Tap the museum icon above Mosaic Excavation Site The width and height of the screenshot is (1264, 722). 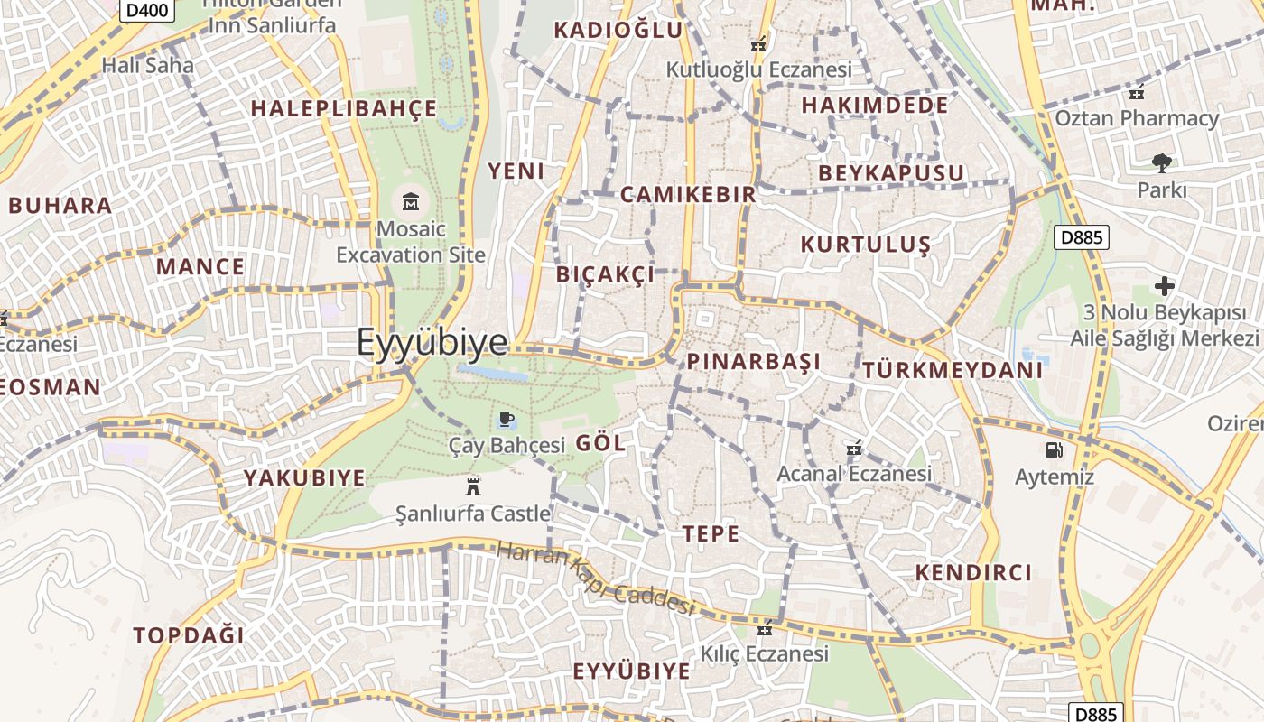(x=411, y=201)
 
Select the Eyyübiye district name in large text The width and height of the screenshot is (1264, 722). (x=432, y=343)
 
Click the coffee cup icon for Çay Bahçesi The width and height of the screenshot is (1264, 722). (x=506, y=420)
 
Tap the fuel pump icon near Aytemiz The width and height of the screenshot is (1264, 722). (x=1054, y=449)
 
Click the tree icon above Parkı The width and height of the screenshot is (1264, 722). (x=1161, y=163)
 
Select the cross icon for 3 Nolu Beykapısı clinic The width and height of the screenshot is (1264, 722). (x=1165, y=287)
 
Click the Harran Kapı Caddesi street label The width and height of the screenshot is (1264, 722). (x=596, y=578)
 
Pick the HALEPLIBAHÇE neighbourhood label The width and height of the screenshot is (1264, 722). (x=344, y=109)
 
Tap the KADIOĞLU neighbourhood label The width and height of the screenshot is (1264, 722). (x=618, y=30)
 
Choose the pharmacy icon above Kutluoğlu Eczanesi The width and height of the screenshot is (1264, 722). (x=758, y=43)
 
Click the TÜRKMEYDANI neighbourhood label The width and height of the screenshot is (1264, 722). (x=953, y=370)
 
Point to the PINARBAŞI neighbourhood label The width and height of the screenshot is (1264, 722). (x=754, y=362)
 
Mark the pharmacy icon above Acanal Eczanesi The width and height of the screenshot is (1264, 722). (x=854, y=448)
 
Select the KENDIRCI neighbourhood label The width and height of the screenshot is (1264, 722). (x=973, y=572)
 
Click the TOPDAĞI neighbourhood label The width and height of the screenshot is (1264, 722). (x=189, y=634)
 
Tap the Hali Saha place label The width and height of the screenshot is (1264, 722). (x=147, y=65)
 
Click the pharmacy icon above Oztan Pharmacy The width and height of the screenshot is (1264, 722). (x=1136, y=92)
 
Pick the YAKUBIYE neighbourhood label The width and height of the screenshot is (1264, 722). (x=304, y=477)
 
